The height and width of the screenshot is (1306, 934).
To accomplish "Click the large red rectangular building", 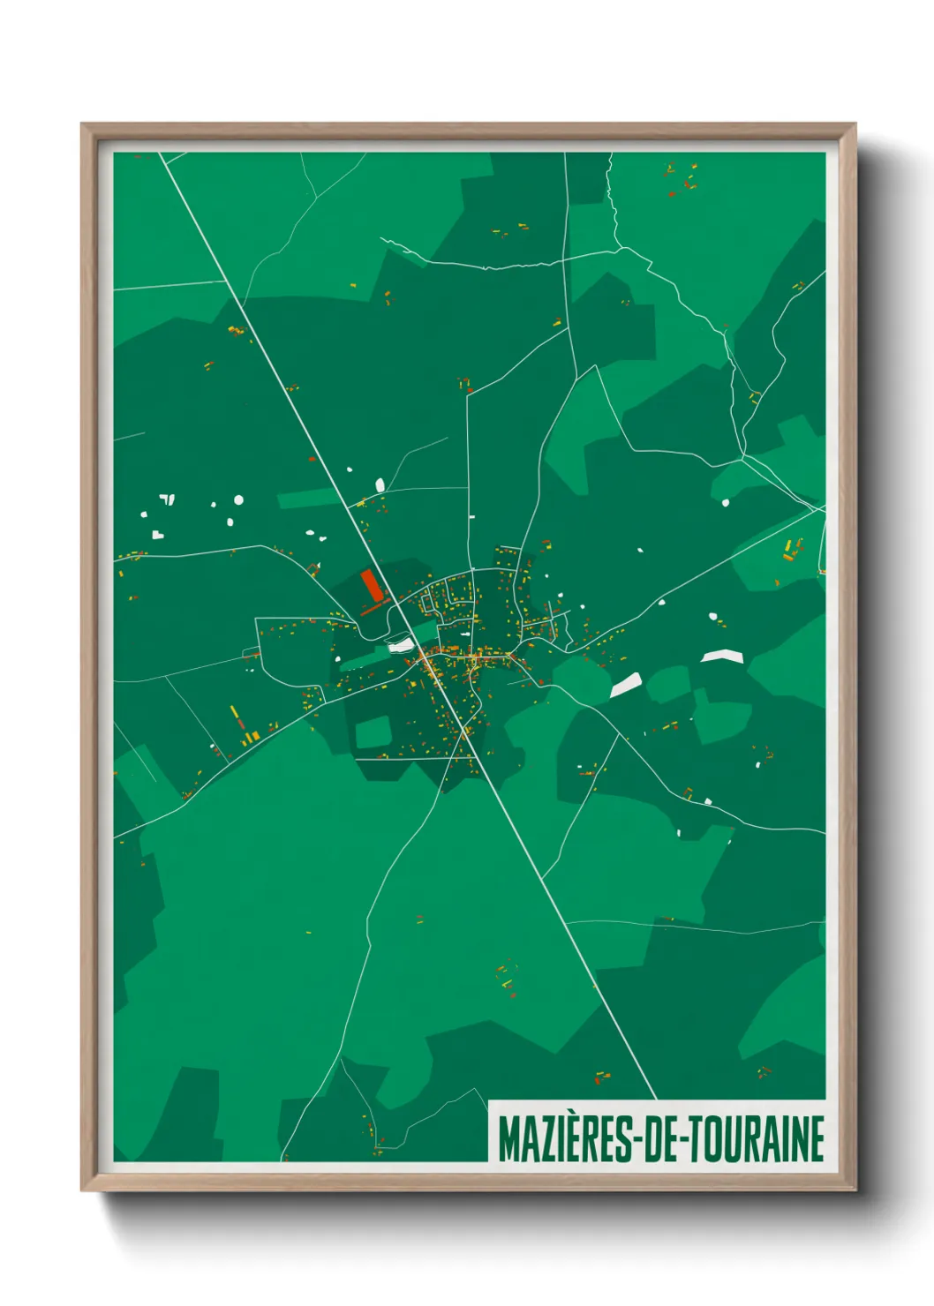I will tap(371, 585).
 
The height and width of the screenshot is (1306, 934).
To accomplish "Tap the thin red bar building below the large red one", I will tap(374, 608).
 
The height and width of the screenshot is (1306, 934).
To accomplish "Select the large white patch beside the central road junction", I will tap(400, 645).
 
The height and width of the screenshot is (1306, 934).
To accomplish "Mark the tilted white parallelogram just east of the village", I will tap(626, 685).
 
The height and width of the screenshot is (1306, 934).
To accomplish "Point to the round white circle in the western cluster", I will tap(238, 500).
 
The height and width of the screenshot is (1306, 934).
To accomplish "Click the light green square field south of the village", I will tap(373, 732).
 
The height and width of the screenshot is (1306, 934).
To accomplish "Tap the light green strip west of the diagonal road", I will tap(308, 499).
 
